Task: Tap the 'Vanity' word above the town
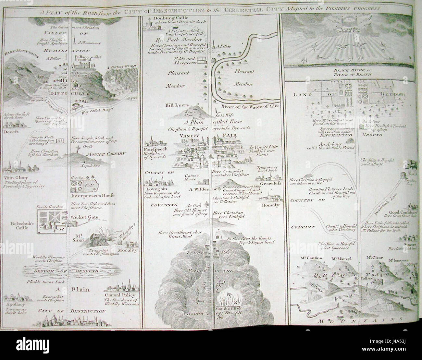tap(179, 137)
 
